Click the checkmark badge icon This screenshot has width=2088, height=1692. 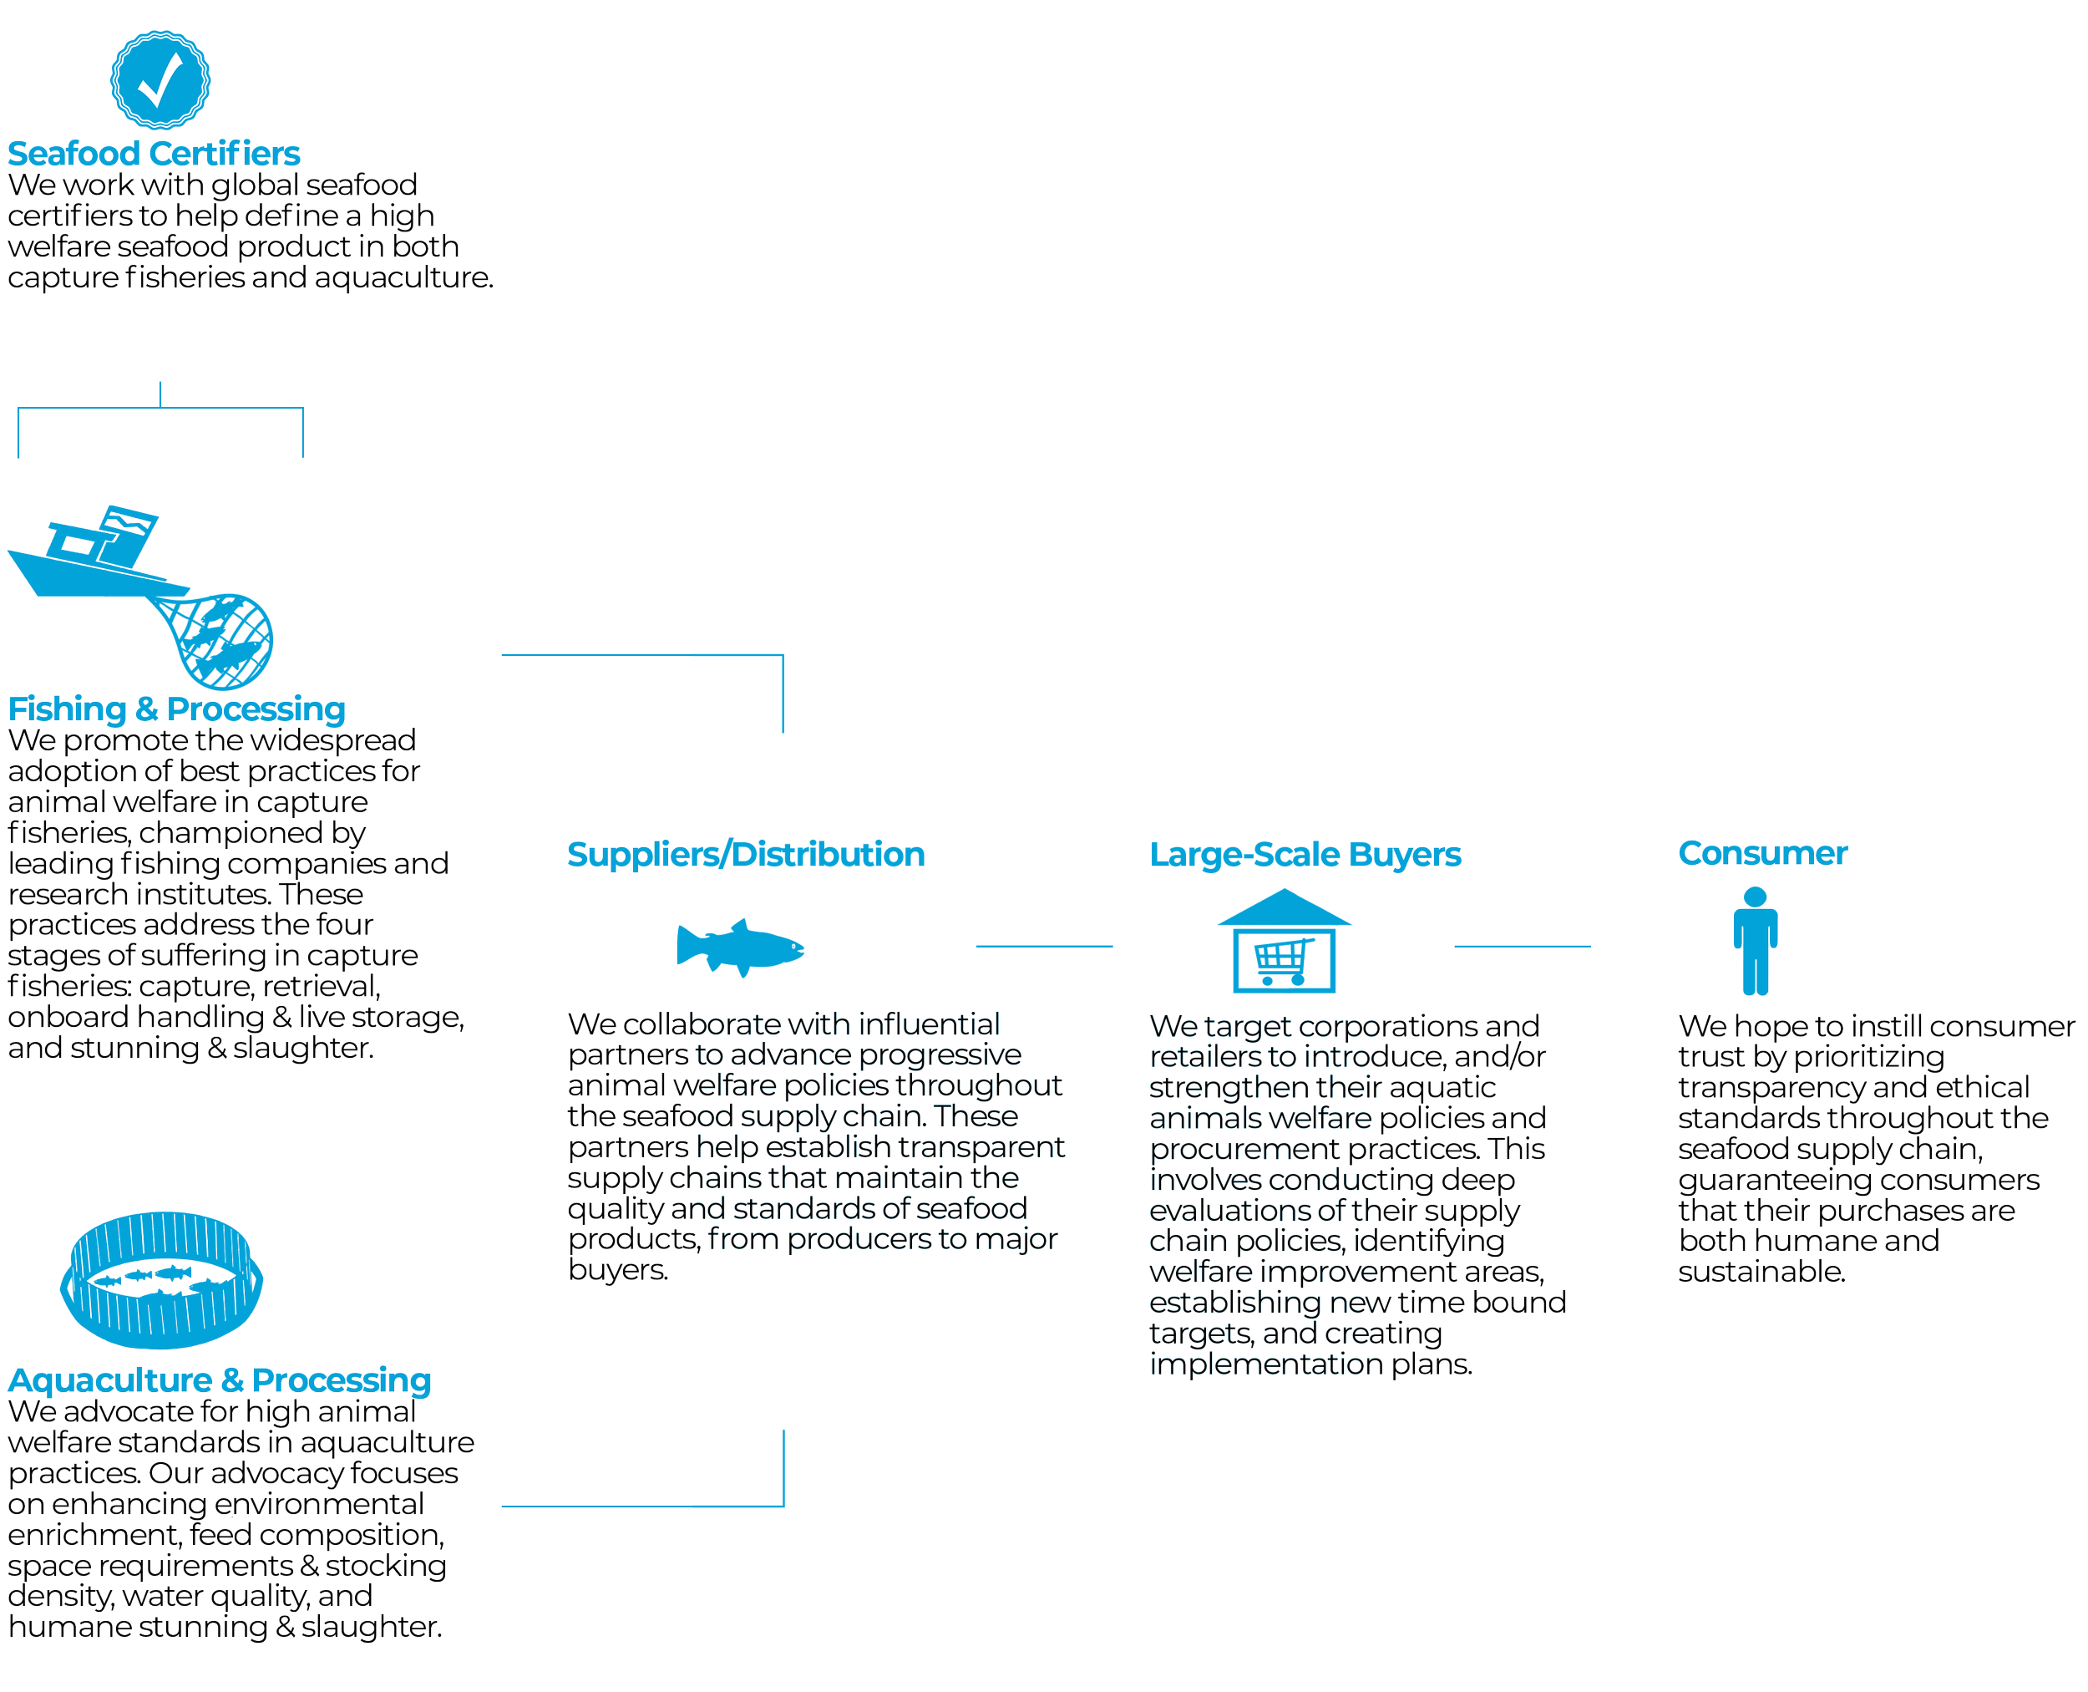(159, 80)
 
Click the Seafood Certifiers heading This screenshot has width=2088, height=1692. (154, 154)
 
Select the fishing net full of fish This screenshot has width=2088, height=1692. (227, 638)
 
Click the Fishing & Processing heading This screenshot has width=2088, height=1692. (177, 709)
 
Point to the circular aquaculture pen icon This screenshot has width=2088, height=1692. (160, 1280)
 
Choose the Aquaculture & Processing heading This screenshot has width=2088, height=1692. (219, 1380)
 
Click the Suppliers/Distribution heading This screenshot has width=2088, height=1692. (745, 854)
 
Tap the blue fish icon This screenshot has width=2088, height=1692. (739, 945)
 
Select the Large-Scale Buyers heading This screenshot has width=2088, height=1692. (1305, 854)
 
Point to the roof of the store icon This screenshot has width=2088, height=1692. (1285, 907)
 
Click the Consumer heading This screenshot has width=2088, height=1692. (1761, 853)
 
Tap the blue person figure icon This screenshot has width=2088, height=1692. (1755, 941)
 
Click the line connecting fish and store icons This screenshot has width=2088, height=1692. (1045, 944)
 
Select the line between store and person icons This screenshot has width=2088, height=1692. (1522, 944)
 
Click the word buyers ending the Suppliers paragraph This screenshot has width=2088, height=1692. (618, 1270)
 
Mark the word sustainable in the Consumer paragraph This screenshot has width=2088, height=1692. (1760, 1272)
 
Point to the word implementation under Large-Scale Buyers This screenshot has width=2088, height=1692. (1265, 1364)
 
